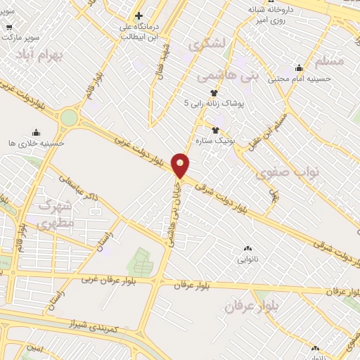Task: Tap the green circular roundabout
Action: [x=69, y=117]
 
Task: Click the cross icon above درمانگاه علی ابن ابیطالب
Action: [x=139, y=15]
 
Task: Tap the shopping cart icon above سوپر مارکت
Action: [x=9, y=27]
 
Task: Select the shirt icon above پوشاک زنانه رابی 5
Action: [x=214, y=92]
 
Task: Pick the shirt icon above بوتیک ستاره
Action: [x=216, y=130]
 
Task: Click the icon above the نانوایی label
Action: [x=247, y=248]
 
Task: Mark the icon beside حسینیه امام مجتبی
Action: [x=300, y=68]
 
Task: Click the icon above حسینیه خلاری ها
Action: [x=36, y=132]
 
